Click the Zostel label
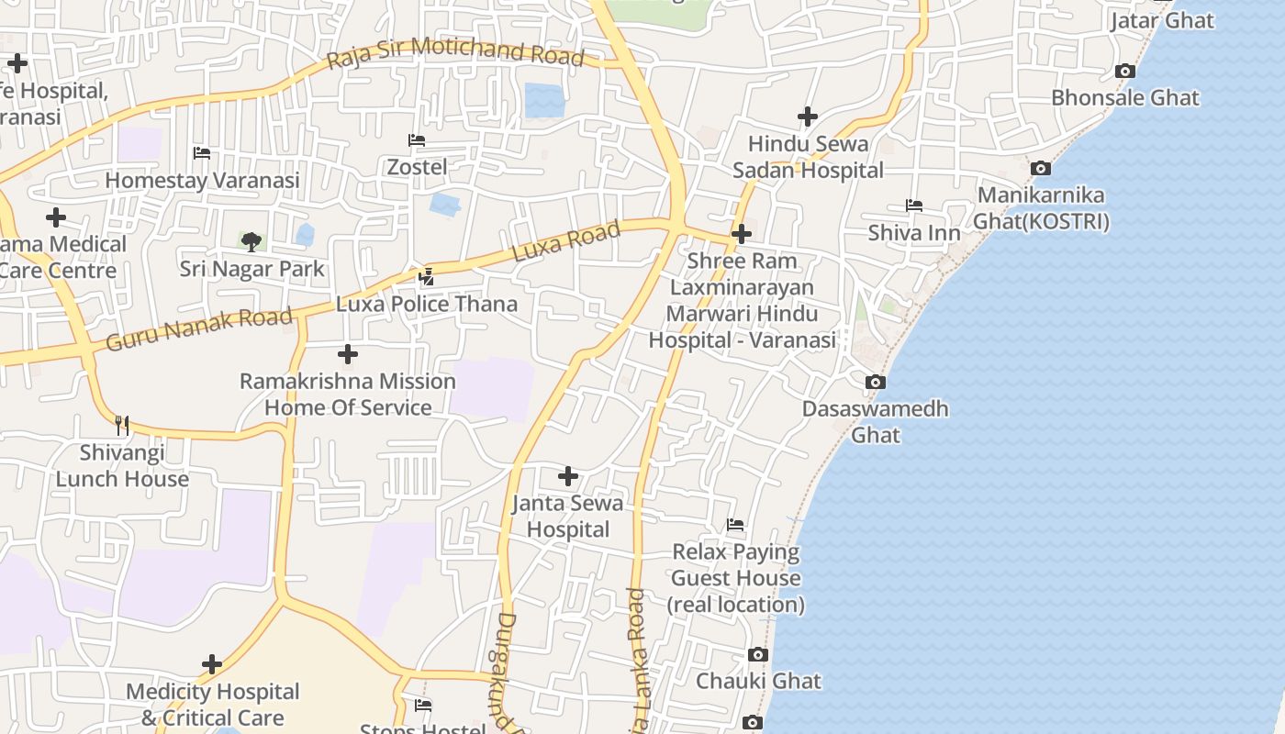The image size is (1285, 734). coord(417,167)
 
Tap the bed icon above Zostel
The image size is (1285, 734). coord(417,140)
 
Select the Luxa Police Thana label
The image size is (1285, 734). coord(427,304)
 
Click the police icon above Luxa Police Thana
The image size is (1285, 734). coord(427,276)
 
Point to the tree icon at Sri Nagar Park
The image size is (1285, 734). coord(251,242)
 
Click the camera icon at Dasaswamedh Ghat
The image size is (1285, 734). coord(876,382)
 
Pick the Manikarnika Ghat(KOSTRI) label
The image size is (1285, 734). coord(1041,208)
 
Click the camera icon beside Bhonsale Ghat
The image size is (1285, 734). coord(1124,72)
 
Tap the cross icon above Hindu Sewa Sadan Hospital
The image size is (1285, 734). coord(808,117)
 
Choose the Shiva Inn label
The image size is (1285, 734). coord(914,233)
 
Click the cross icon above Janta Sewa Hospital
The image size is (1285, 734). coord(568,476)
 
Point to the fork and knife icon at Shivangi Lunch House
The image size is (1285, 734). coord(122,425)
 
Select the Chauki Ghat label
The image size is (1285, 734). coord(758,681)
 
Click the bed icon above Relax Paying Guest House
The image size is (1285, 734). coord(735,525)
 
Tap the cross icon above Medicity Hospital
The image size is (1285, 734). coord(212,664)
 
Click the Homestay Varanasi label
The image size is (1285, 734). coord(202,180)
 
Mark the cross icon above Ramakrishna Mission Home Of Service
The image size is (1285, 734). coord(348,354)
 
